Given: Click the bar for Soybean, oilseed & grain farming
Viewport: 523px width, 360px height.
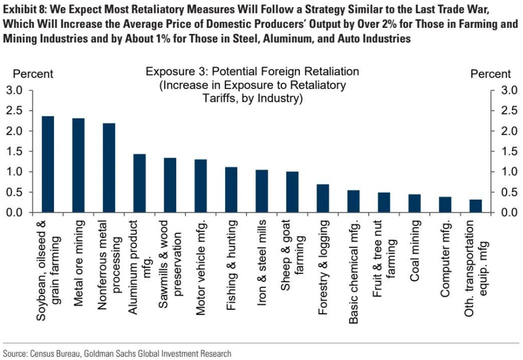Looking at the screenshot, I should [x=48, y=164].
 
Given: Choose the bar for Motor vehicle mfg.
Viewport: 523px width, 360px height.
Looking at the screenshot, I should [x=201, y=186].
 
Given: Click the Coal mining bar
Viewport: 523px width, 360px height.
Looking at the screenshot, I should [x=414, y=203].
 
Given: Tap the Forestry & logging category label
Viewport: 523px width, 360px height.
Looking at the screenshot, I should [x=323, y=267].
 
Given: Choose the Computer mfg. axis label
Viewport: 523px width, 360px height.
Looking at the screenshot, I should [x=446, y=259].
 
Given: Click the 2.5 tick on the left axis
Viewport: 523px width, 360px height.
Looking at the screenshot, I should [x=15, y=111].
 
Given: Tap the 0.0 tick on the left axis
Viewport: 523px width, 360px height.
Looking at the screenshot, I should [x=15, y=212].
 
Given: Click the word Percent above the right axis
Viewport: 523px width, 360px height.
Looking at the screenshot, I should [x=490, y=74].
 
